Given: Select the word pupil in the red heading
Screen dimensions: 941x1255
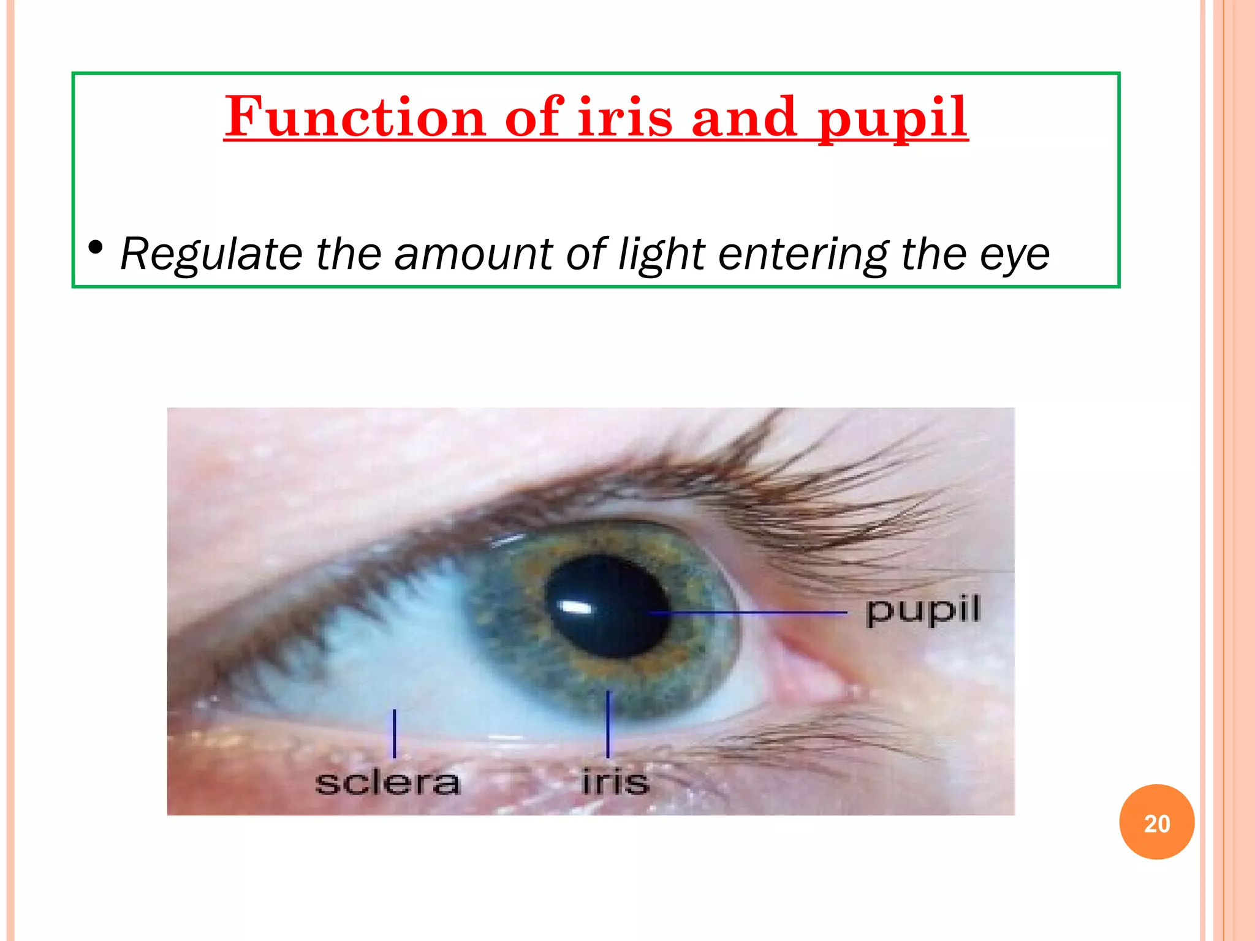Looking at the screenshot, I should pos(893,118).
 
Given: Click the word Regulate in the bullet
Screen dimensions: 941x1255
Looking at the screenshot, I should pos(211,254).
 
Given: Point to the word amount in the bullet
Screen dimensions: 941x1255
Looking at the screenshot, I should pos(474,254).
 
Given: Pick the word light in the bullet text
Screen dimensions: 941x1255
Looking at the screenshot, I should pos(662,254).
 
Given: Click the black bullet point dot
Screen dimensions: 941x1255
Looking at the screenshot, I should pos(95,248).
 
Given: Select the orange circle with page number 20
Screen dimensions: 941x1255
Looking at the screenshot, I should pos(1156,822).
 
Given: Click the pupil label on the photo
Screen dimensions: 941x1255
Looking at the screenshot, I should pos(923,611).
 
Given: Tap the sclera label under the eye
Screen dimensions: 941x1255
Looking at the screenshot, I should pos(387,782).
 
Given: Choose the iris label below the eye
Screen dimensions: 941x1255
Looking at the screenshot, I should pos(615,782).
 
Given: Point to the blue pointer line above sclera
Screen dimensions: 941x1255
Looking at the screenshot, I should pos(394,733).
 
